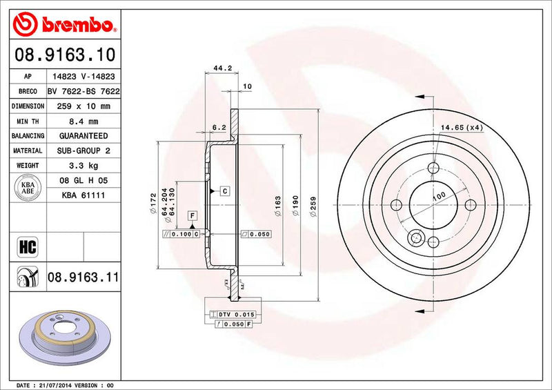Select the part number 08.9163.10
(x=63, y=54)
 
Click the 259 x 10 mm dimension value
(x=81, y=106)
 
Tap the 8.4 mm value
(x=81, y=121)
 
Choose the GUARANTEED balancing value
(x=82, y=136)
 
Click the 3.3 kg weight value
(x=81, y=166)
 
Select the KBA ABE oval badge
(x=27, y=188)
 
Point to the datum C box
(x=225, y=190)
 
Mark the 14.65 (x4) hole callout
(x=462, y=128)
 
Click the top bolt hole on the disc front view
(x=433, y=168)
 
